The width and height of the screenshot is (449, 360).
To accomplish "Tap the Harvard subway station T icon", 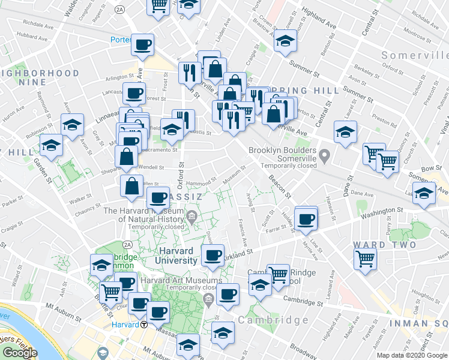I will click(145, 325).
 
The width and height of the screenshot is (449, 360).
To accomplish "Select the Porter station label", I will click(121, 40).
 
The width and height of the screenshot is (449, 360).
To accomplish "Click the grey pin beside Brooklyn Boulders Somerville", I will click(325, 157).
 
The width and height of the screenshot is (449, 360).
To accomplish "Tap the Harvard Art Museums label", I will click(181, 280).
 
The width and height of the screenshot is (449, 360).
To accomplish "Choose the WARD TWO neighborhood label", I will click(384, 245).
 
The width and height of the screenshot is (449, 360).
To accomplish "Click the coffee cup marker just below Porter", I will click(143, 45).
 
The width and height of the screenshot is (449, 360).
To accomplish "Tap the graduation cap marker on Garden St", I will click(51, 146).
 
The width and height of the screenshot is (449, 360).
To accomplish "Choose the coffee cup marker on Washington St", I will click(306, 218).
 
